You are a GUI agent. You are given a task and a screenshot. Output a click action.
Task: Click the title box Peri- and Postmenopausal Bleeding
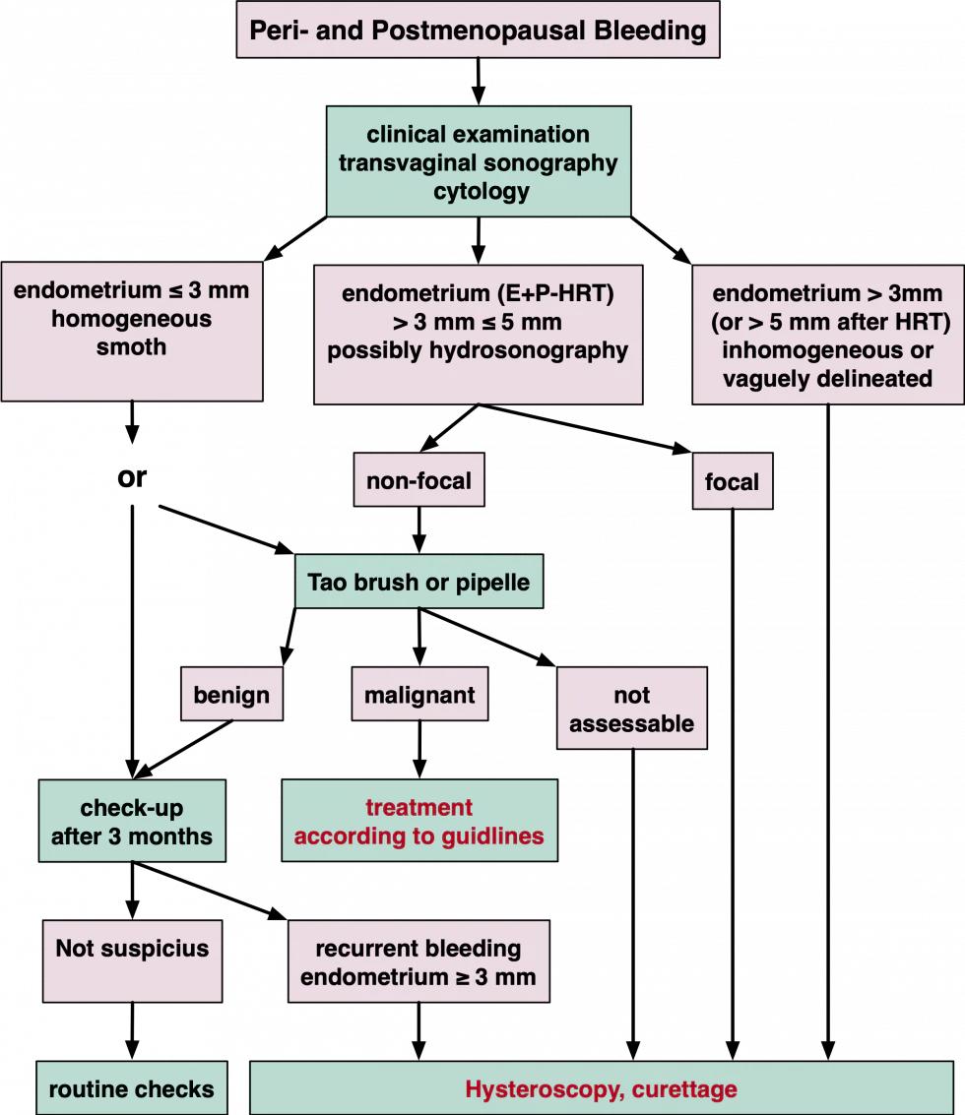(x=478, y=30)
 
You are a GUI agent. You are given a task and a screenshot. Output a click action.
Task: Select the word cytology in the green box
(x=482, y=191)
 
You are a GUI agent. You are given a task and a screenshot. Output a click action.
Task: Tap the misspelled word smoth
(x=132, y=347)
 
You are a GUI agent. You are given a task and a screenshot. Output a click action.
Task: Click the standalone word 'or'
(x=132, y=477)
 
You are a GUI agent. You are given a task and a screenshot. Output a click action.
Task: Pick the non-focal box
(x=419, y=480)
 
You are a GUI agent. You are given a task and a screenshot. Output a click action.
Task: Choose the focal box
(x=733, y=481)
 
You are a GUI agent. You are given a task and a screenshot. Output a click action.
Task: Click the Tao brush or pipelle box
(x=419, y=582)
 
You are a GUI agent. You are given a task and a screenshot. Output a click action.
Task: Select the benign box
(x=232, y=694)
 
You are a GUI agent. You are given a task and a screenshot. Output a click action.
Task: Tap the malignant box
(x=419, y=694)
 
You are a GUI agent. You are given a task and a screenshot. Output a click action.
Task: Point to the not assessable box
(x=632, y=709)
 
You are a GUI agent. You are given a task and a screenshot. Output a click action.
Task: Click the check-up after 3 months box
(x=132, y=822)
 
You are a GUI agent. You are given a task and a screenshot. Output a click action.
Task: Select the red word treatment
(x=419, y=808)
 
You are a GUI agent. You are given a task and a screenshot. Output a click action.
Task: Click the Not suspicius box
(x=132, y=961)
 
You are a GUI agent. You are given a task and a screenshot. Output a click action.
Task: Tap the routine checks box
(x=132, y=1088)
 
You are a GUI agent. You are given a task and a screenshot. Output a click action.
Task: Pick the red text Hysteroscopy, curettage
(x=602, y=1089)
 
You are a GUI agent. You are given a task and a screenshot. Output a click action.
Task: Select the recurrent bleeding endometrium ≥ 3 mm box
(x=418, y=961)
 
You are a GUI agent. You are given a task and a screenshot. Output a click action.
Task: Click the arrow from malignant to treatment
(x=419, y=750)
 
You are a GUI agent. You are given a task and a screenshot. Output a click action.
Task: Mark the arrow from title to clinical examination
(x=479, y=82)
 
